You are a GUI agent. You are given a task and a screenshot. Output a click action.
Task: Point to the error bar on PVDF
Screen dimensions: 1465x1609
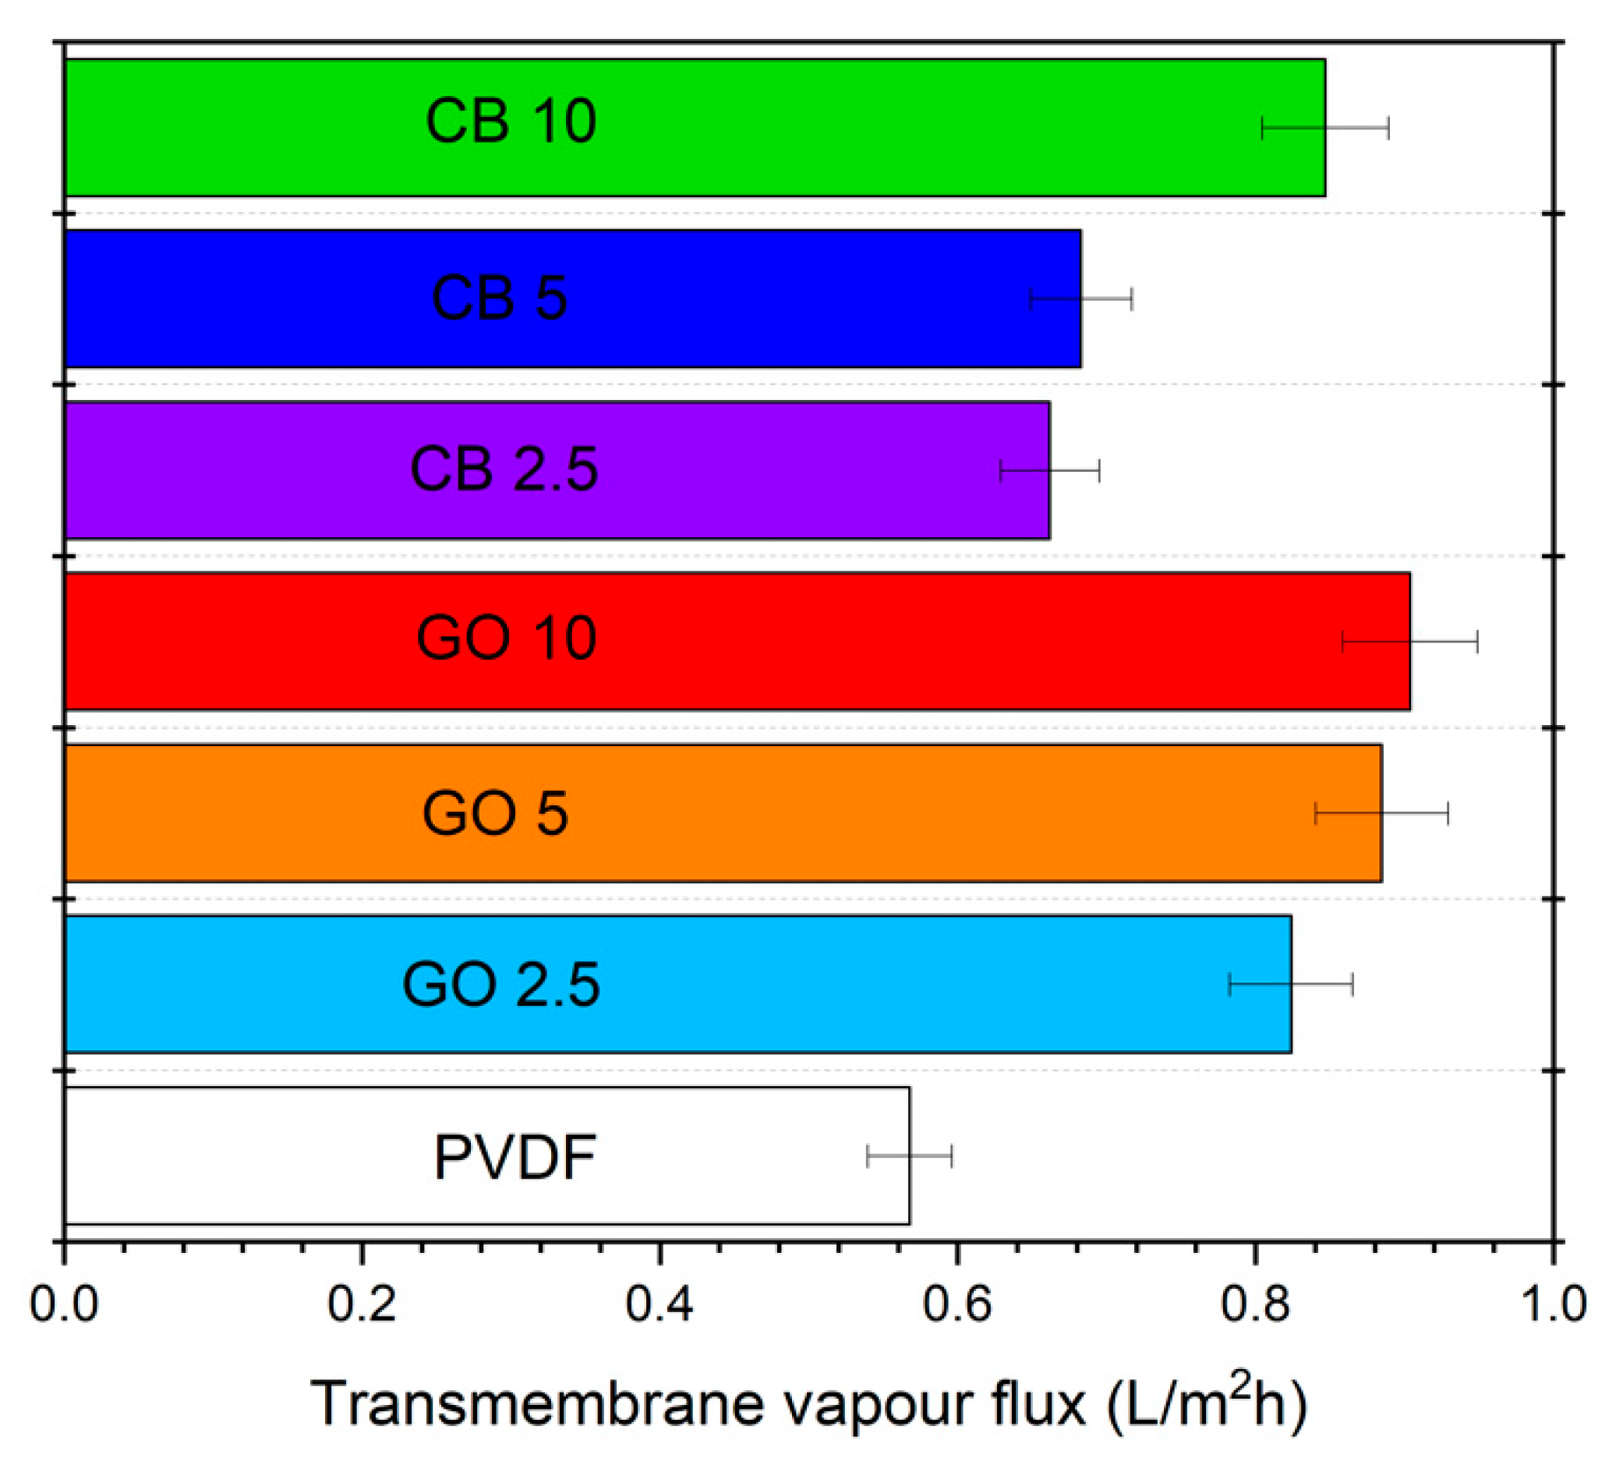[x=910, y=1156]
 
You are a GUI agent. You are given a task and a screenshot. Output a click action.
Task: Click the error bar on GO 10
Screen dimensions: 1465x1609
[x=1410, y=641]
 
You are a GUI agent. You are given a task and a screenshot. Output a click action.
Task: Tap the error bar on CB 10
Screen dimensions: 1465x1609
[x=1326, y=128]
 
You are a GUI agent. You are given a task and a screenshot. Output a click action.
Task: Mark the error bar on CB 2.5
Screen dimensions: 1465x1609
[x=1050, y=471]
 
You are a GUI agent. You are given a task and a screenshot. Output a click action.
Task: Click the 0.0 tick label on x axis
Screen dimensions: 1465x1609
[x=63, y=1304]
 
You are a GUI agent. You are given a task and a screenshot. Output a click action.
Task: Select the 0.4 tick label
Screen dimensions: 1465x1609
[x=660, y=1304]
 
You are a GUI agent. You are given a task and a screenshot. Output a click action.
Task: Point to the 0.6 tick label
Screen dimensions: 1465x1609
[x=957, y=1304]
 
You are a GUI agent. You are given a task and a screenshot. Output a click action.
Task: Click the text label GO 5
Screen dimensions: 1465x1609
[x=495, y=813]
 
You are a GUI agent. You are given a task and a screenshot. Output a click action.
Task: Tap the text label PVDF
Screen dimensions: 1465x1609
[x=515, y=1157]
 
